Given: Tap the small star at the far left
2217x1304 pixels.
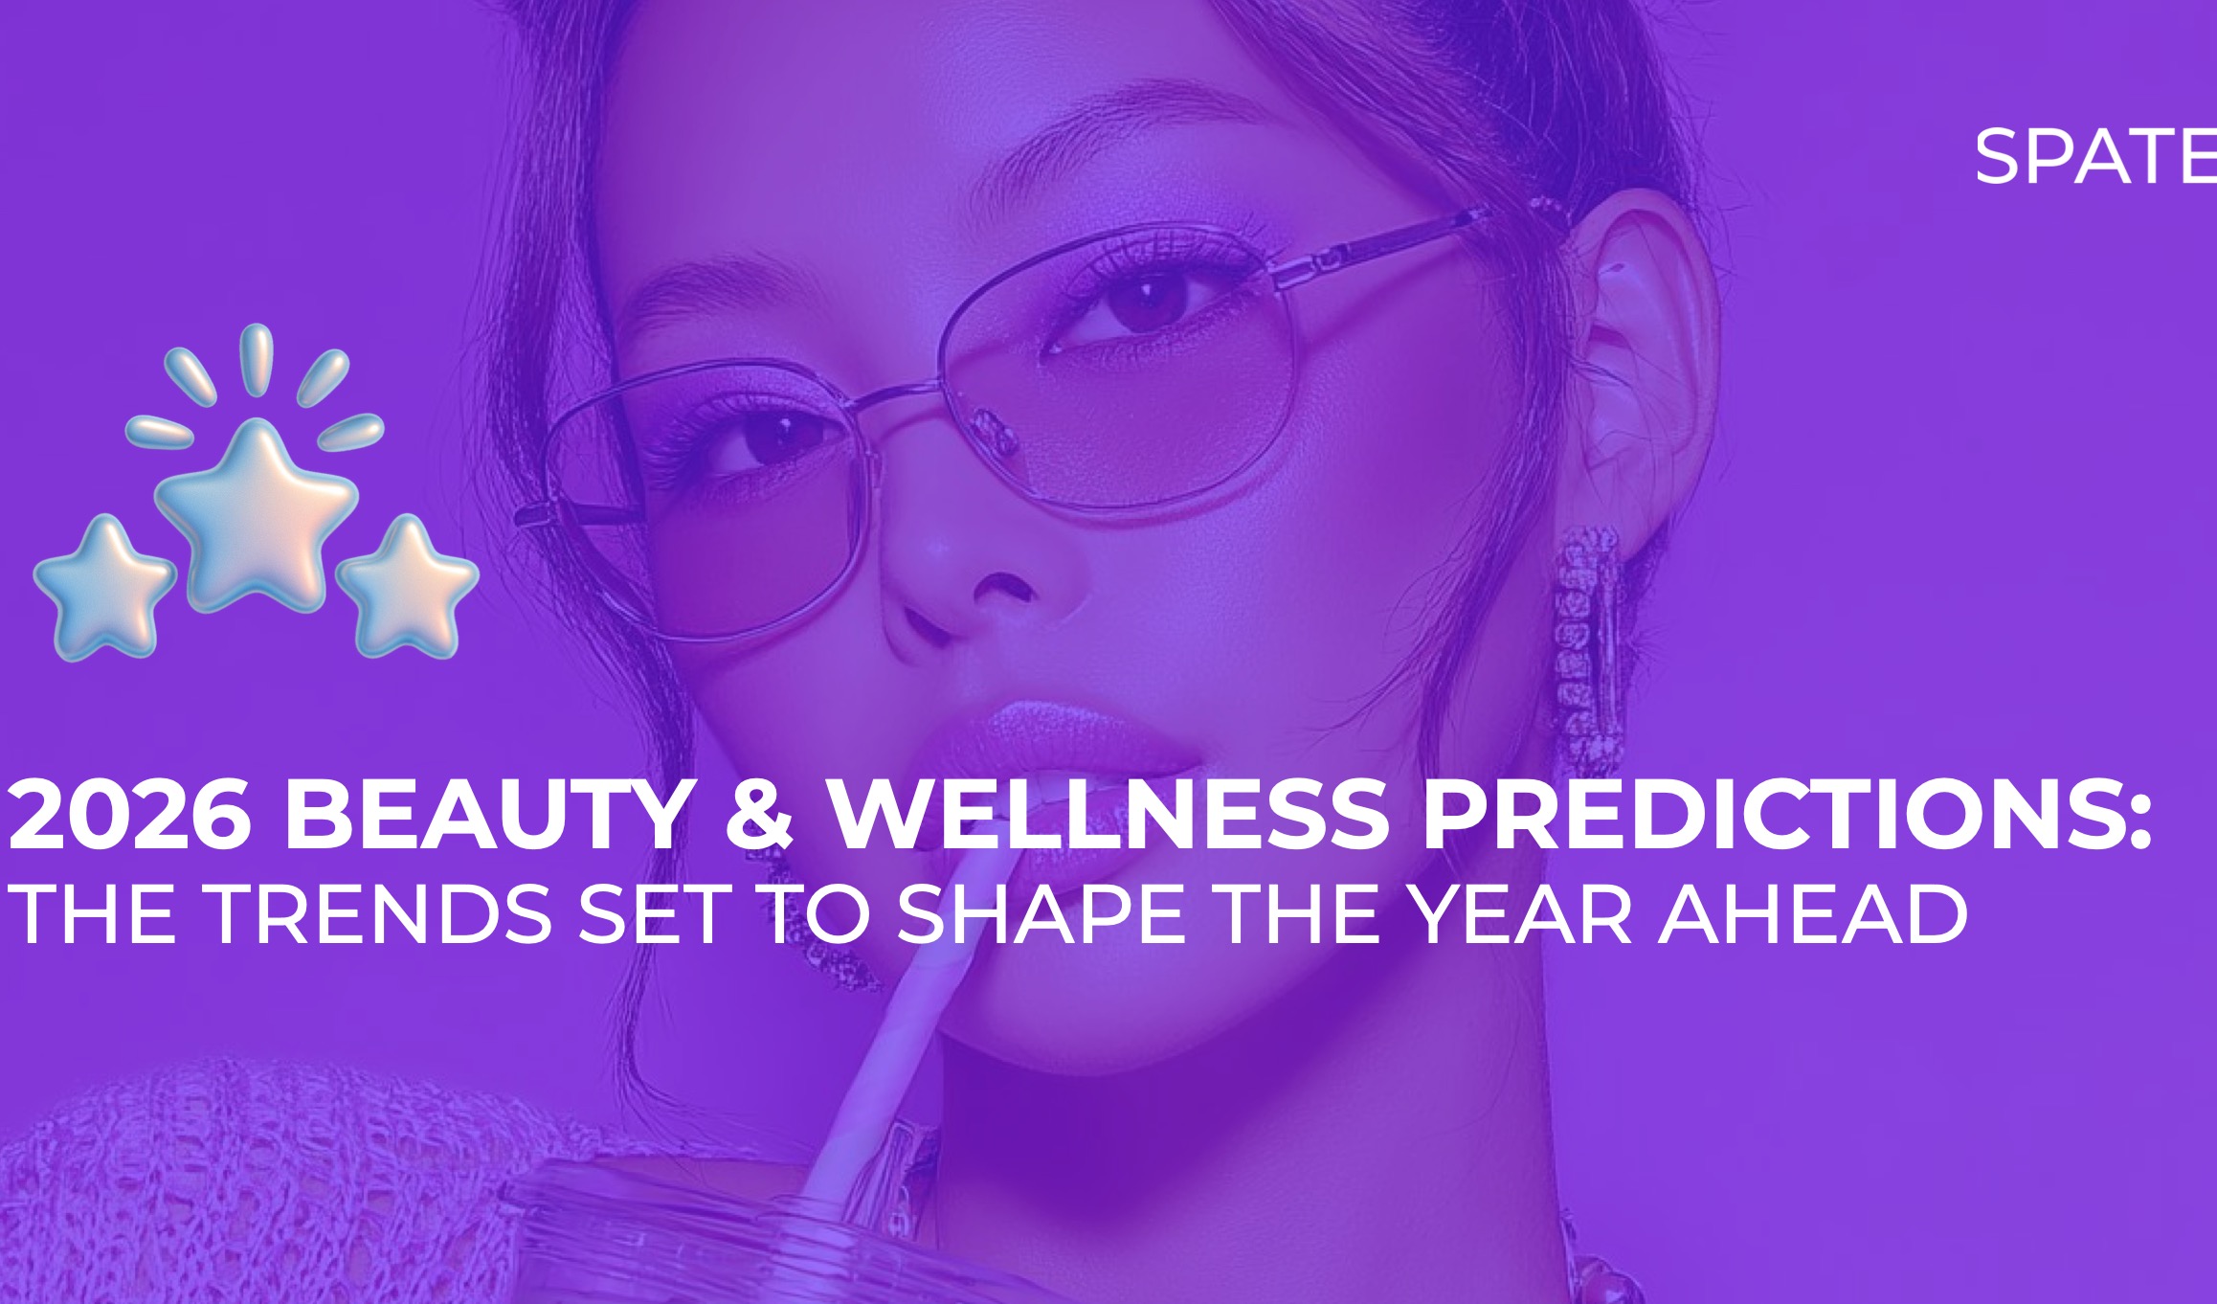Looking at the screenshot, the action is point(104,587).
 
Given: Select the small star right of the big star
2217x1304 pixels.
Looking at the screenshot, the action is point(408,586).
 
